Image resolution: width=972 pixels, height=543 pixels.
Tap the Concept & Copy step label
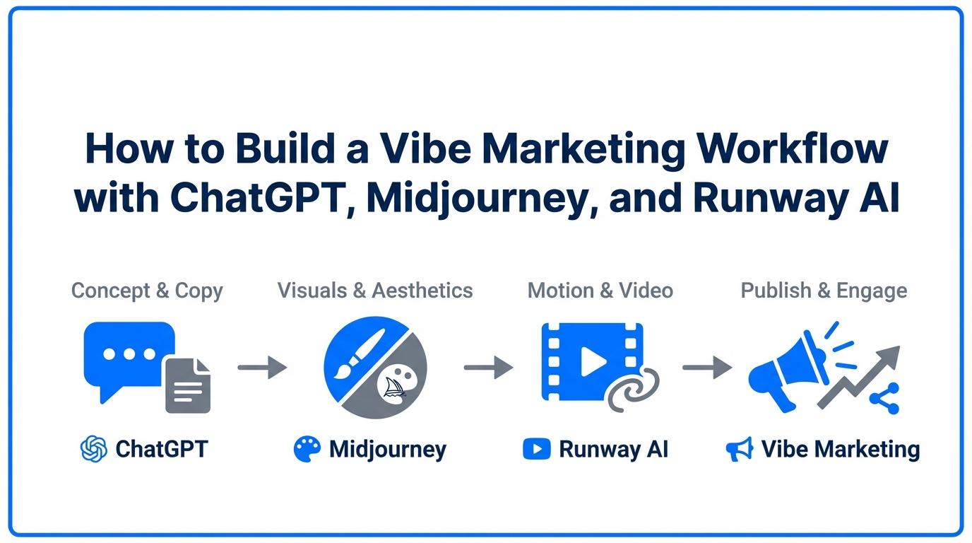(x=147, y=291)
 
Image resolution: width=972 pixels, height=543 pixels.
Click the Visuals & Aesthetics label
(x=375, y=290)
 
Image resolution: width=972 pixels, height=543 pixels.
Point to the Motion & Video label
(x=600, y=290)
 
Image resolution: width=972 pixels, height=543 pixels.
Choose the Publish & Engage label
(x=824, y=290)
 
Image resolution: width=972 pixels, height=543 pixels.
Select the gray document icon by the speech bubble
(x=188, y=385)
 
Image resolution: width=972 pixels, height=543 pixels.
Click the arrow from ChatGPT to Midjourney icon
(x=262, y=368)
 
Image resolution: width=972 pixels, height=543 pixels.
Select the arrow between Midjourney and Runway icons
(x=488, y=368)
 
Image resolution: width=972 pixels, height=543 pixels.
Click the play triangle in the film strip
(x=592, y=363)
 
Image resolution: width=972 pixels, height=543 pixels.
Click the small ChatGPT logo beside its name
(x=94, y=449)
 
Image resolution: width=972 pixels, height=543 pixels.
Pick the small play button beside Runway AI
(x=536, y=449)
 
